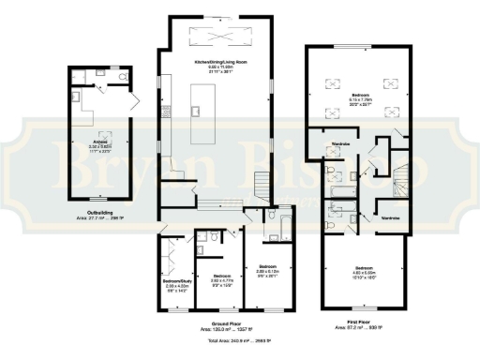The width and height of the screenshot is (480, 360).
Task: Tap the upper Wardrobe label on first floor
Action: pos(341,143)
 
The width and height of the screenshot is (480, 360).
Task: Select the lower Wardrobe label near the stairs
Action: pos(391,217)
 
